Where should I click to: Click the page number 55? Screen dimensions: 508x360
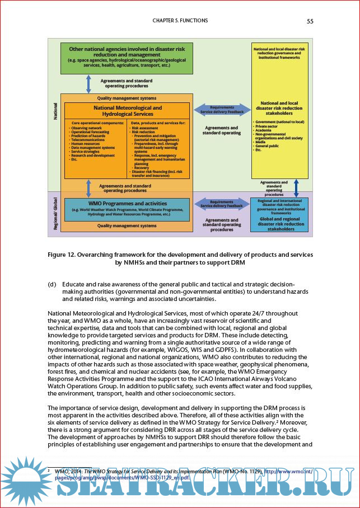[x=310, y=21]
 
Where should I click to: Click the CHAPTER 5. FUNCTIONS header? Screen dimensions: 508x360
[x=180, y=21]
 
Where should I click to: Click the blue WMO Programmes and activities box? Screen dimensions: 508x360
[x=127, y=209]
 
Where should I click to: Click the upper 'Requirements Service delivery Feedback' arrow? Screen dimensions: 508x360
[x=222, y=110]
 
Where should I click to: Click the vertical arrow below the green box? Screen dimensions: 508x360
[x=88, y=83]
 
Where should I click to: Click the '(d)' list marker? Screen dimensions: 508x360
[x=53, y=284]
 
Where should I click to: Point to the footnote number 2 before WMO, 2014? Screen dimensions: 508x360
[x=49, y=472]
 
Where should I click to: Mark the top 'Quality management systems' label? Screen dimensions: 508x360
[x=127, y=98]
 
